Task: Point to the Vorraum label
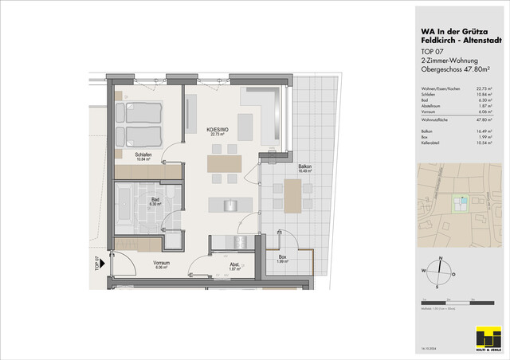pos(163,264)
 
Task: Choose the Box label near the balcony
pos(281,260)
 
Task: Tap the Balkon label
pos(304,168)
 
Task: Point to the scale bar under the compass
pos(451,302)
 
